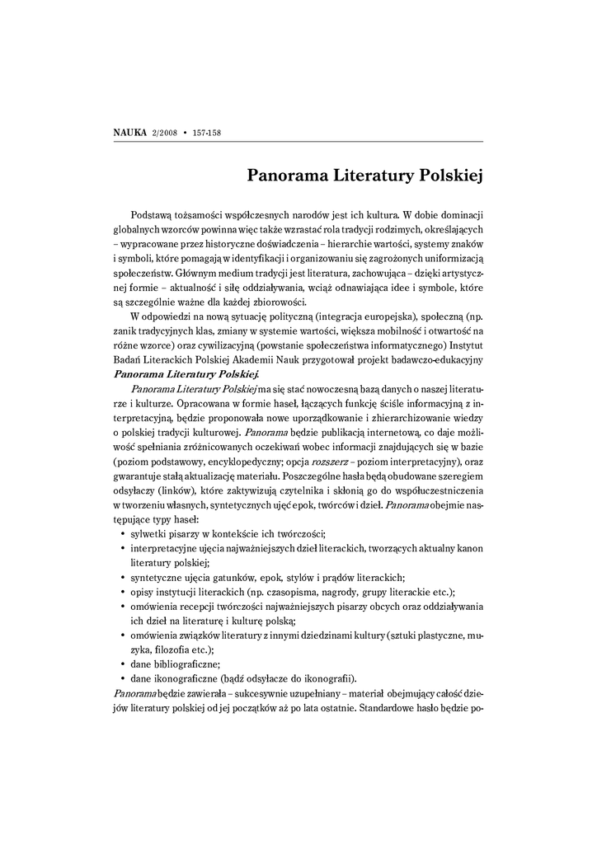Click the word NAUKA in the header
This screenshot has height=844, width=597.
tap(129, 133)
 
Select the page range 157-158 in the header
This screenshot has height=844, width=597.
tap(209, 133)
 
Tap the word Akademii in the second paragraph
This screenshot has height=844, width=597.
tap(263, 360)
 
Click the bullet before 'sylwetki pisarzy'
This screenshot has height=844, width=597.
tap(122, 536)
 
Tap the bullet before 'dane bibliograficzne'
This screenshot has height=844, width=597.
tap(122, 664)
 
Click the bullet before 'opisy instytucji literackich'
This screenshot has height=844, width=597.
tap(122, 593)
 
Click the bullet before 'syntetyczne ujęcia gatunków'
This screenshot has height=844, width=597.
tap(122, 579)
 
